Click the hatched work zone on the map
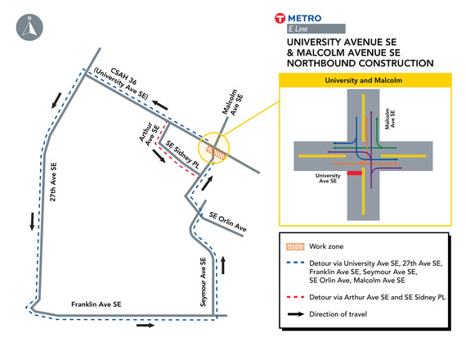[x=216, y=151]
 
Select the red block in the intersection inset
[x=353, y=173]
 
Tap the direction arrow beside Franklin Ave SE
[x=144, y=324]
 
